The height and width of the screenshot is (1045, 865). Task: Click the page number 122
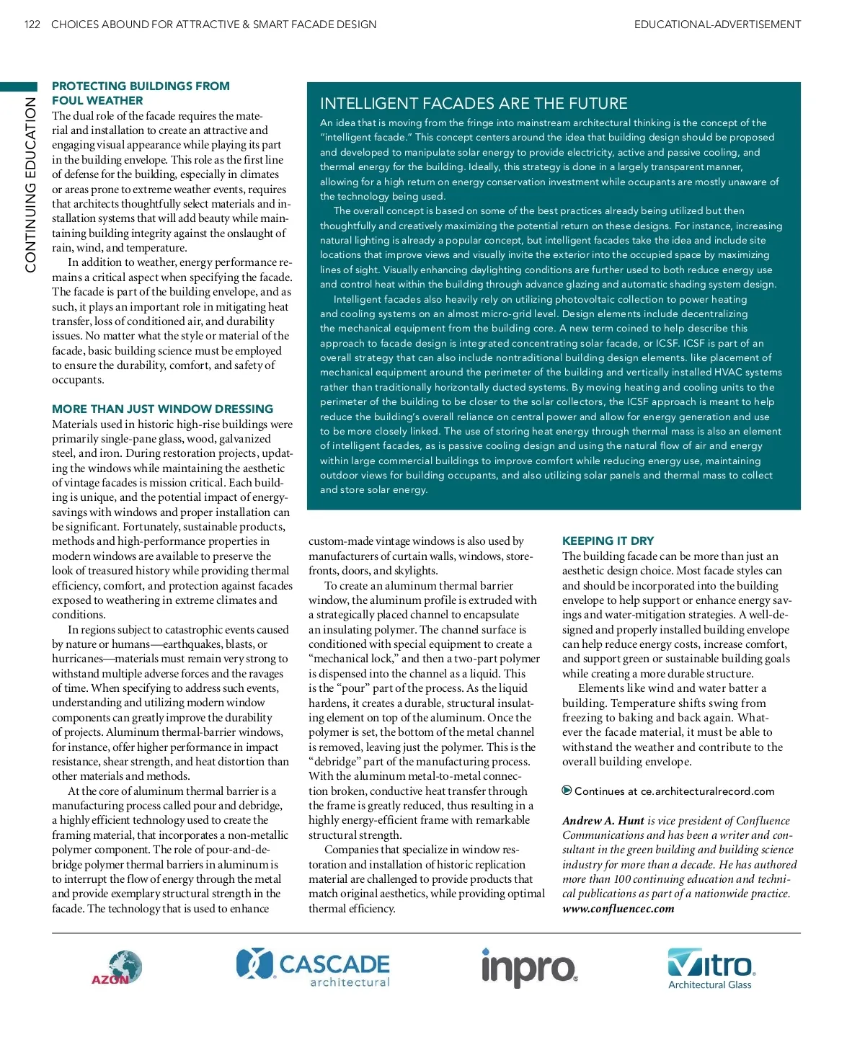tap(32, 25)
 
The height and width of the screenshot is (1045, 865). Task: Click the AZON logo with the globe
tap(117, 968)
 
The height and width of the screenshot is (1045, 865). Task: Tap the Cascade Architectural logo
tap(313, 967)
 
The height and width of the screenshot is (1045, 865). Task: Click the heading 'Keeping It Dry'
tap(608, 541)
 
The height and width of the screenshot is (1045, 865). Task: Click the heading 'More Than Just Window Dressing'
tap(162, 409)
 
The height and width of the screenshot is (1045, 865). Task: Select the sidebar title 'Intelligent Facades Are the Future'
tap(474, 103)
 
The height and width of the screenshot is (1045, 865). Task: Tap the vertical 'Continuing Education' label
tap(30, 184)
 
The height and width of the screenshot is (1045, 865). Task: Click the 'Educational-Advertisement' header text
tap(717, 25)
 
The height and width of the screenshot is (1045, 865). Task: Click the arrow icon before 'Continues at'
tap(567, 791)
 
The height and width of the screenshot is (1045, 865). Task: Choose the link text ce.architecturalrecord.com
tap(707, 791)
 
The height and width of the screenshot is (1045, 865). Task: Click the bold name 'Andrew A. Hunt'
tap(603, 820)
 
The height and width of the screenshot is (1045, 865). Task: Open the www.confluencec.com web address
tap(618, 908)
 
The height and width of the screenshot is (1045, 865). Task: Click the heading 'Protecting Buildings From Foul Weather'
tap(141, 93)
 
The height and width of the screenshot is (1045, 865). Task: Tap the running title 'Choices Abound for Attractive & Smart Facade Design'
tap(213, 25)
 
